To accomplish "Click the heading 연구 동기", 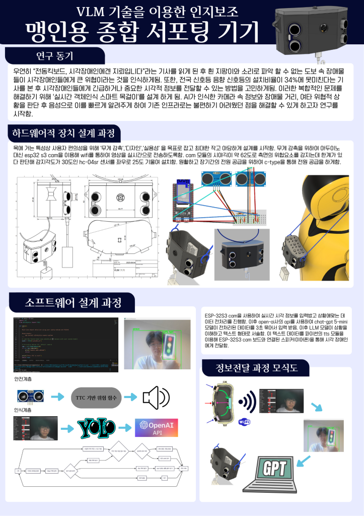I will point(55,55).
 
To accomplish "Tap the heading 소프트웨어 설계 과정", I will point(72,302).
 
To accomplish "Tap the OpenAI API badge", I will point(155,428).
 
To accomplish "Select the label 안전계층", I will point(24,378).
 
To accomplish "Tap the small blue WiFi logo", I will point(244,421).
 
